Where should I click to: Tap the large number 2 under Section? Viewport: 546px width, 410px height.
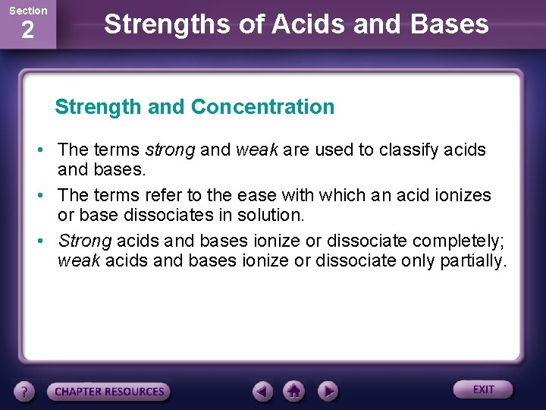pyautogui.click(x=27, y=31)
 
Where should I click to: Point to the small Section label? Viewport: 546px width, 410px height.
pyautogui.click(x=27, y=11)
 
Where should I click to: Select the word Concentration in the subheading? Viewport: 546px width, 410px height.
pyautogui.click(x=262, y=107)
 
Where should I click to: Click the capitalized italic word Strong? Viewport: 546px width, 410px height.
pyautogui.click(x=85, y=241)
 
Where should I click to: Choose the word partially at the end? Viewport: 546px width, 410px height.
pyautogui.click(x=474, y=261)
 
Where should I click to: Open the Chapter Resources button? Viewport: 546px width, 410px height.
pyautogui.click(x=108, y=392)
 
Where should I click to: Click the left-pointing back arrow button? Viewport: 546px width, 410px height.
pyautogui.click(x=263, y=392)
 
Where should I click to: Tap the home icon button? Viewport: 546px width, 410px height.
pyautogui.click(x=295, y=392)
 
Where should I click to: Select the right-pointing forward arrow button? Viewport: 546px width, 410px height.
pyautogui.click(x=327, y=392)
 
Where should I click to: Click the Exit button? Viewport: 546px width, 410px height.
pyautogui.click(x=483, y=389)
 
